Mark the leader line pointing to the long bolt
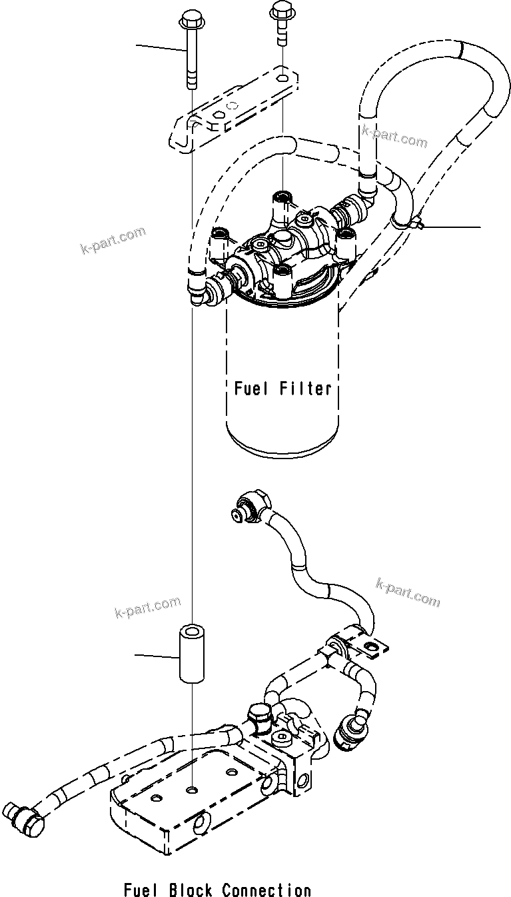(x=160, y=47)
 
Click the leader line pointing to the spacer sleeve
(x=157, y=656)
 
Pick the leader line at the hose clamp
(x=453, y=227)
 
